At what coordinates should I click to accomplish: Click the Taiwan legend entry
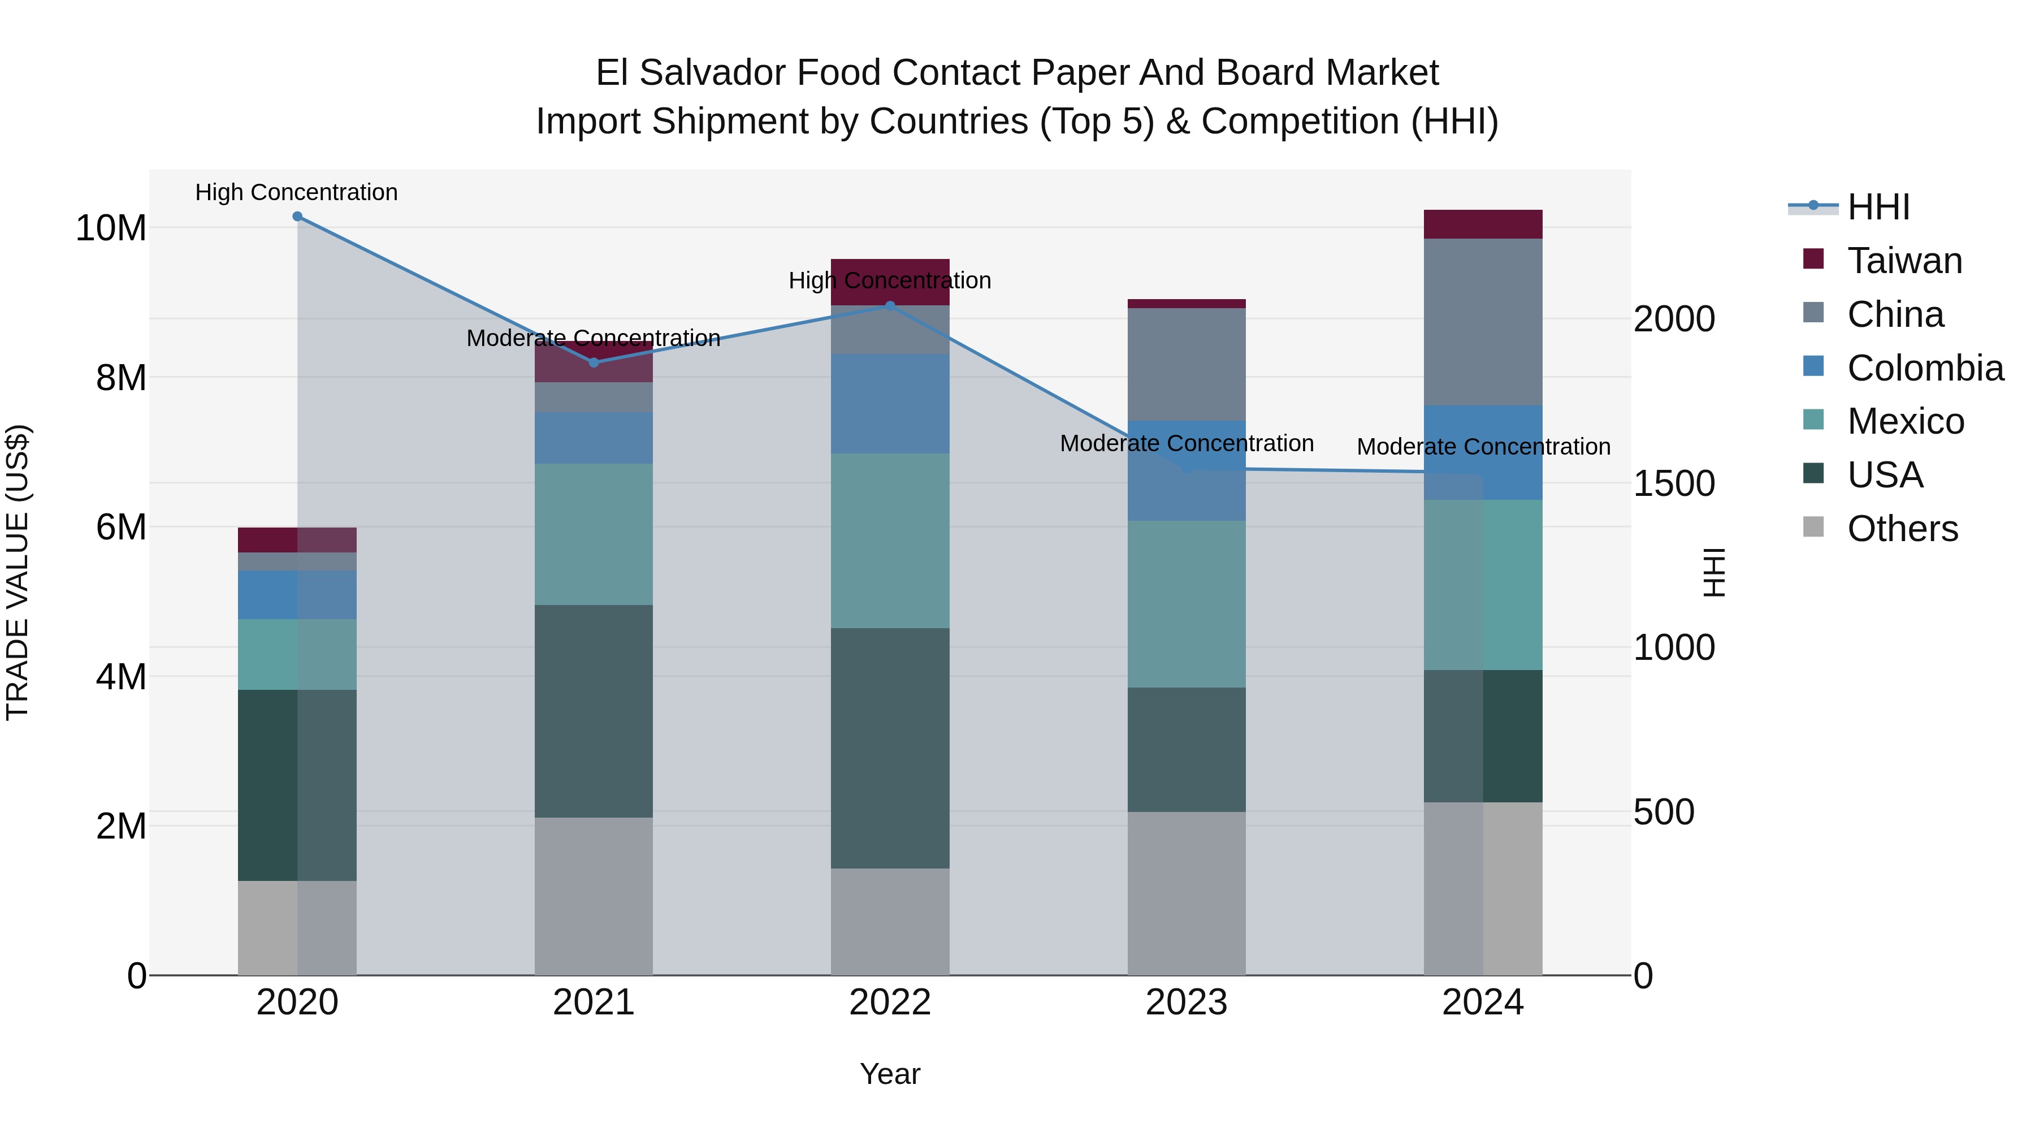coord(1904,261)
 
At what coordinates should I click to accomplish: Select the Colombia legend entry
coord(1924,368)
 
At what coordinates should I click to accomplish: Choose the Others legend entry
coord(1902,529)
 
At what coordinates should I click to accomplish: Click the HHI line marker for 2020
coord(297,217)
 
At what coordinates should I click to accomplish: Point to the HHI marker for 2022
coord(890,306)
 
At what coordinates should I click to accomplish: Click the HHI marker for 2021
coord(594,362)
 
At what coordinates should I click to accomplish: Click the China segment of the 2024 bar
coord(1483,322)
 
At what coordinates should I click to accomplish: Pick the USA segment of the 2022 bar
coord(890,748)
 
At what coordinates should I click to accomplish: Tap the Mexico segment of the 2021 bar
coord(594,534)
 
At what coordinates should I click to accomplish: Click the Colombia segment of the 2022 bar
coord(890,404)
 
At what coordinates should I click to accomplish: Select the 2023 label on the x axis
coord(1186,1003)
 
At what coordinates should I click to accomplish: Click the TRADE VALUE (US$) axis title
coord(18,572)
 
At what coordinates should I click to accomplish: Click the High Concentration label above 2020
coord(296,192)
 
